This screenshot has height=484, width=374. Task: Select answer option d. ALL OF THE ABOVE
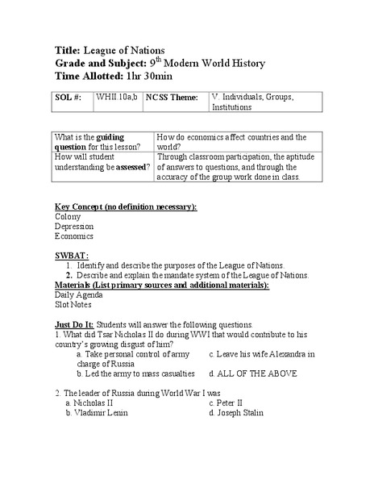[x=252, y=373]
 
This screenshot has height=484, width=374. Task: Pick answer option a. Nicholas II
[x=93, y=401]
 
